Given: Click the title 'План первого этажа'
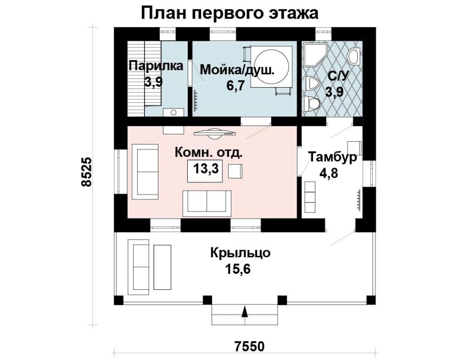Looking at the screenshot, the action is [230, 13].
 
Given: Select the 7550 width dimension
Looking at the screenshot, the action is [249, 346].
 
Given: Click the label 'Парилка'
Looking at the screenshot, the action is [156, 65].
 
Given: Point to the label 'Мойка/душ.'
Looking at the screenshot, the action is [237, 70].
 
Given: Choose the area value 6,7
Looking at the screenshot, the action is [235, 85].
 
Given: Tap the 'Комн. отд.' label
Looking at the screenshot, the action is [209, 153].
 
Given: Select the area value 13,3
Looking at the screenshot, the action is [206, 169].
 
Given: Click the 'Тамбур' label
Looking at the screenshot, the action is [333, 157].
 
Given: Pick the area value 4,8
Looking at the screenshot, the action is [329, 173].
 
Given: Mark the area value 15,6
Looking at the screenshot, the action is [238, 269].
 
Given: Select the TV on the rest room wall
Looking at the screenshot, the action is [215, 134].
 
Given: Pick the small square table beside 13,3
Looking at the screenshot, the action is [235, 171].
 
